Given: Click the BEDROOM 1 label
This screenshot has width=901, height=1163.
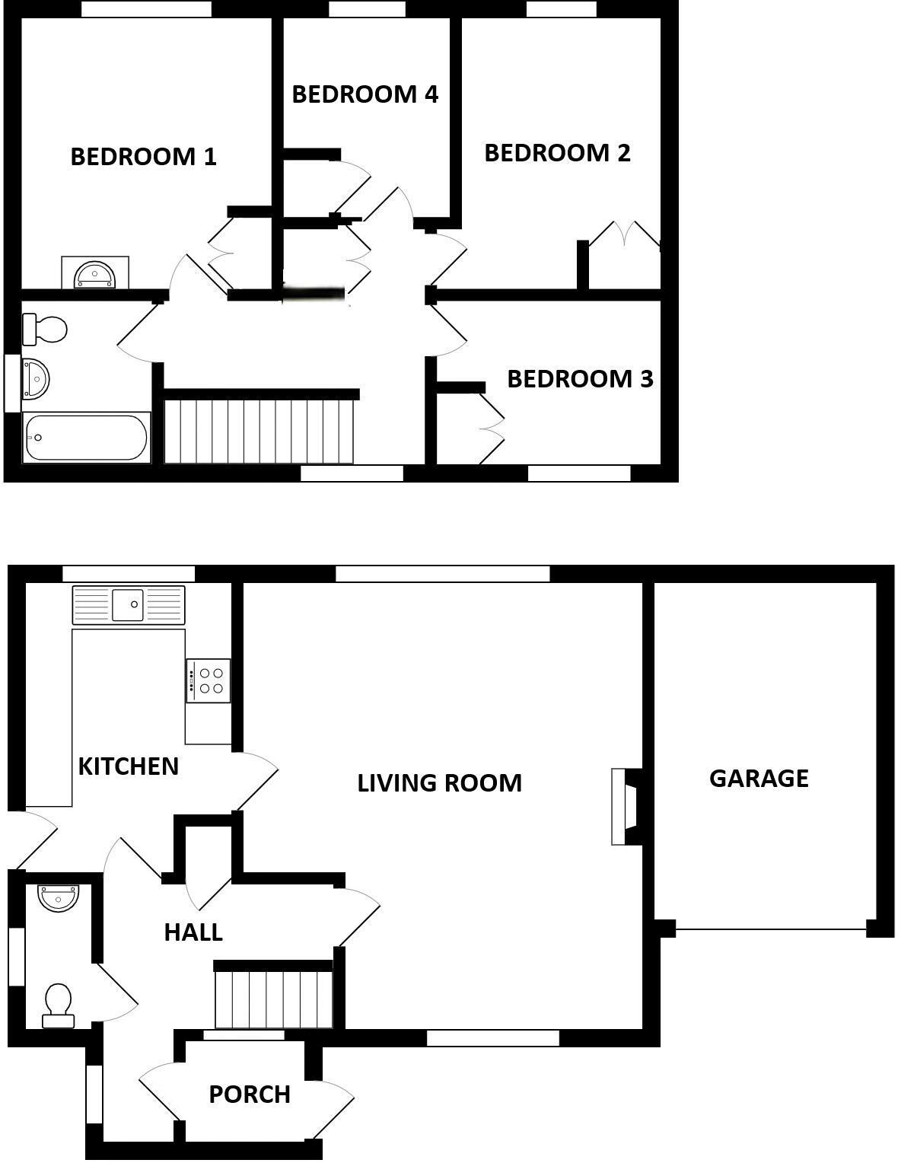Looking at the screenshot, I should coord(143,157).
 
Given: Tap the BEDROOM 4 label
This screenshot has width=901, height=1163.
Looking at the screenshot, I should coord(365,94).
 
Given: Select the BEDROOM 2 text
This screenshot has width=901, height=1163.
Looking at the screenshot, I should coord(557,153).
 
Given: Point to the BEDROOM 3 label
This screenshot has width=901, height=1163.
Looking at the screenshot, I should coord(580,379).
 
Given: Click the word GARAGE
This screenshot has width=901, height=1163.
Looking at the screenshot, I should coord(759,779).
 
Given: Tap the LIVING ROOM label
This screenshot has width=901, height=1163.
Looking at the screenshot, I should coord(440,783).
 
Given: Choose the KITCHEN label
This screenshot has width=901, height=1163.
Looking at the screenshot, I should coord(129,766).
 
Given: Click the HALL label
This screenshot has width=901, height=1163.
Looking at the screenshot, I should coord(193,932).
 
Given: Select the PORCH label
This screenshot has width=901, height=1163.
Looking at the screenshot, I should coord(250,1094).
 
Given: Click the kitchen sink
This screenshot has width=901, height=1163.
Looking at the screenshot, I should coord(128,604).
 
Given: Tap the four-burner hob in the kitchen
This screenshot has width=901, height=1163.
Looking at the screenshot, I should coord(209,680).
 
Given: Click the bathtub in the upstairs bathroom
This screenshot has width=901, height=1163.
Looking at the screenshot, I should coord(86,438).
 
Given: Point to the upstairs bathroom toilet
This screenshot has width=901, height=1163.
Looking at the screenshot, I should coord(46,330).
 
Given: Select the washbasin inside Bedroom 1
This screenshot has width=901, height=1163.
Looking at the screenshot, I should coord(94,274).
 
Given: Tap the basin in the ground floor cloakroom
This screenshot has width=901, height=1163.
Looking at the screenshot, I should coord(59,898).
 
